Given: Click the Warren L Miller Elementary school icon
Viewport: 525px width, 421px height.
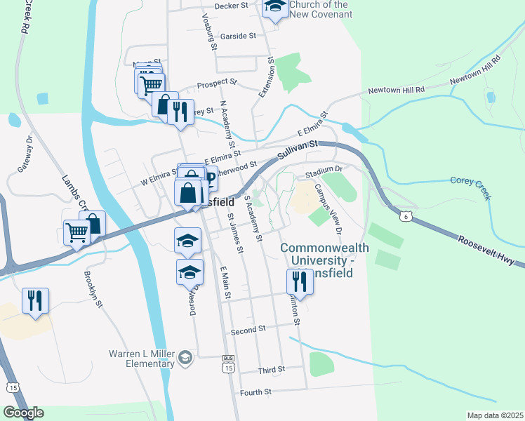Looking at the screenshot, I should coord(185,358).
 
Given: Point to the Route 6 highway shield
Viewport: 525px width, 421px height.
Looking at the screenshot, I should coord(406,218).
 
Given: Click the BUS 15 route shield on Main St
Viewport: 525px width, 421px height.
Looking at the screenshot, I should coord(227,357).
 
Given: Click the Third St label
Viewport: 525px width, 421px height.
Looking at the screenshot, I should coord(271,369).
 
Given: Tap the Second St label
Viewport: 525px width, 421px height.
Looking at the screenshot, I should coord(248,328).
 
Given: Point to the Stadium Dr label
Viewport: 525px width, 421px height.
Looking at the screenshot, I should coord(323,169).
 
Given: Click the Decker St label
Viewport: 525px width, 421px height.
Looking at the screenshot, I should coord(232,6).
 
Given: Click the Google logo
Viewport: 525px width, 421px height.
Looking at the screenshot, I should coord(23,413).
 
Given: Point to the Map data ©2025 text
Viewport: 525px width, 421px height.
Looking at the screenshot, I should coord(494,415).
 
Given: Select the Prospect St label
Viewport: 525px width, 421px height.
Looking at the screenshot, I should coord(218,83).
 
